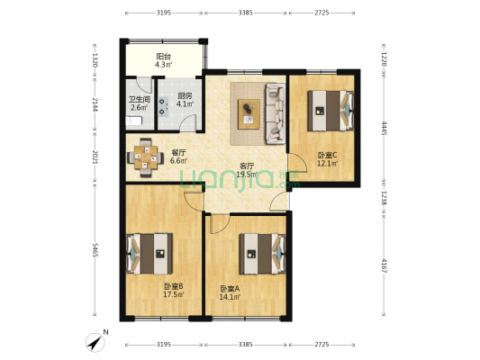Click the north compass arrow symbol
[95, 343]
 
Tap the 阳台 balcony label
[164, 57]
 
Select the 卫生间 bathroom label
[140, 99]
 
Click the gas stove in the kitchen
[163, 106]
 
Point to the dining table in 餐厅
[146, 157]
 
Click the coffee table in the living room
[249, 114]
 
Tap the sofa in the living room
[276, 113]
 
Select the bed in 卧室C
[331, 111]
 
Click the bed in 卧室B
[149, 254]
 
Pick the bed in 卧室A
[262, 254]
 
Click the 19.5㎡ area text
[247, 175]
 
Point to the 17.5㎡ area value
[173, 294]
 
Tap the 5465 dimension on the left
[95, 250]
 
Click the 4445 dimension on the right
[385, 128]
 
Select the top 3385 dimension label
[245, 13]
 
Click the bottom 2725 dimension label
[322, 345]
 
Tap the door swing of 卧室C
[297, 163]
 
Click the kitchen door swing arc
[187, 122]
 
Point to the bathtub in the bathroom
[134, 121]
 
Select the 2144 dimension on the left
[95, 104]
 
